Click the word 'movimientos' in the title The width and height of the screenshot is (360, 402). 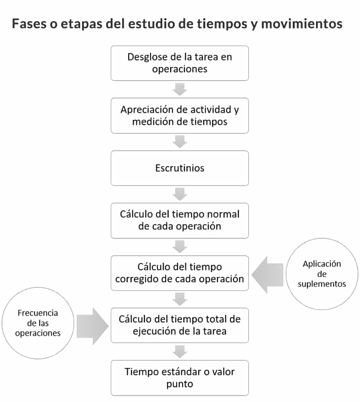point(302,24)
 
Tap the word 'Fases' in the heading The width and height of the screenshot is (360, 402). point(29,24)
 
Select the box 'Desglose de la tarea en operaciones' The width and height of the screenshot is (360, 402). point(180,63)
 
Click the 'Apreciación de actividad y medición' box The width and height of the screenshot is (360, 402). point(180,116)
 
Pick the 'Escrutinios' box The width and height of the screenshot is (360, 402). point(180,168)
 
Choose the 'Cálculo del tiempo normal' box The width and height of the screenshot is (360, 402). point(180,221)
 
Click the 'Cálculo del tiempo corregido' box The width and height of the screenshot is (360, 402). point(180,273)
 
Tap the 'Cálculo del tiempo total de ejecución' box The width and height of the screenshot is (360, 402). point(180,325)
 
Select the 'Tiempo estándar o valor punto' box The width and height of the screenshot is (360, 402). point(180,378)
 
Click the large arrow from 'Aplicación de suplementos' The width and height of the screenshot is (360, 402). point(268,274)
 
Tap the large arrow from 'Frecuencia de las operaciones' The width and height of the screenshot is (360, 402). point(92,326)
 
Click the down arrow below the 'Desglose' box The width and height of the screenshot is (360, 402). point(180,89)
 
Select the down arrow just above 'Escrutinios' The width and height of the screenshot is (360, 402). point(180,142)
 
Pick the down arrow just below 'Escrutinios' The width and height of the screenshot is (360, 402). point(180,194)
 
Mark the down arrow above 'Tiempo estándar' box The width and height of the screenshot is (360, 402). point(180,352)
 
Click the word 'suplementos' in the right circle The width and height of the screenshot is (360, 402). point(322,284)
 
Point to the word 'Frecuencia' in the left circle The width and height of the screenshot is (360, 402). point(38,313)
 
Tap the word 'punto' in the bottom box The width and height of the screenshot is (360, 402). point(180,384)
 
